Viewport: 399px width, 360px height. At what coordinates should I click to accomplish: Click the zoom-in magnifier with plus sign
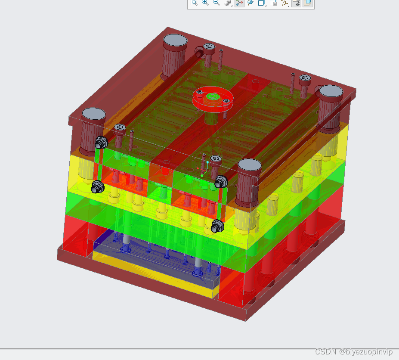pyautogui.click(x=205, y=3)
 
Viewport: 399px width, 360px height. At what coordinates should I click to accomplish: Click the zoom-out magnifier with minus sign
pyautogui.click(x=217, y=3)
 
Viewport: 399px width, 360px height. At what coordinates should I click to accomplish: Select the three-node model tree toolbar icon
pyautogui.click(x=239, y=3)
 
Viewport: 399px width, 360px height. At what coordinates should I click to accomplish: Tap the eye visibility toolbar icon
pyautogui.click(x=297, y=3)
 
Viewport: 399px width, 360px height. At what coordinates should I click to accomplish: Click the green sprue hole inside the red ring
pyautogui.click(x=213, y=96)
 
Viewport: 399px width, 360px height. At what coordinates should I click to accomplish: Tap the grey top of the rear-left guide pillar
pyautogui.click(x=175, y=40)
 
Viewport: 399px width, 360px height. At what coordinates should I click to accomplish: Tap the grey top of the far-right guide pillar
pyautogui.click(x=331, y=91)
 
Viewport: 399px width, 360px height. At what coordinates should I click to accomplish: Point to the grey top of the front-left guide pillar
pyautogui.click(x=94, y=114)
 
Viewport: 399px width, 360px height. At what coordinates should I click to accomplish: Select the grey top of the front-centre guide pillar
pyautogui.click(x=249, y=165)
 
